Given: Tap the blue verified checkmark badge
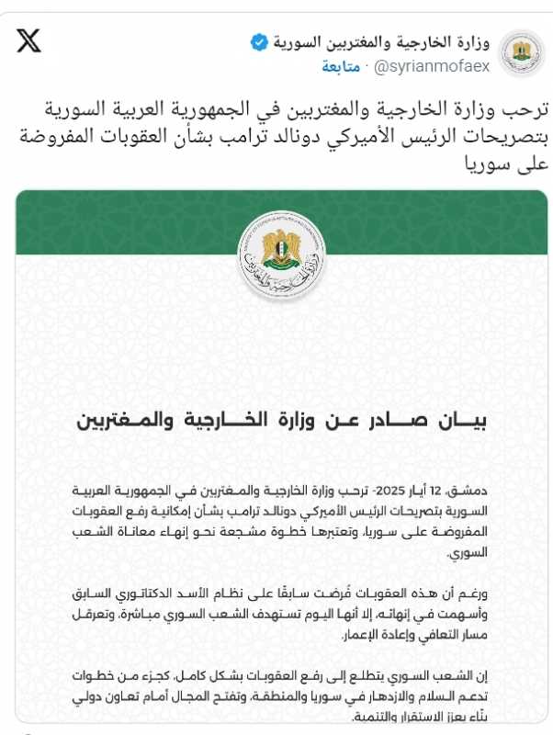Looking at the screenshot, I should pos(260,42).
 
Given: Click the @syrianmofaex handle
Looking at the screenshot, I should pos(433,67).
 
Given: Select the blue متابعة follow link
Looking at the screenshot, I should pos(341,67).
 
